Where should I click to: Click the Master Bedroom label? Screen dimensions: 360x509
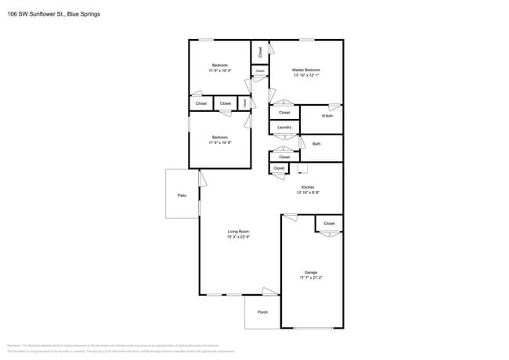306,70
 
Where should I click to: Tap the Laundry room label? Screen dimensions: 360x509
284,128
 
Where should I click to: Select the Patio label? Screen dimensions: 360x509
182,195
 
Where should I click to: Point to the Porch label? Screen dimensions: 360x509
262,312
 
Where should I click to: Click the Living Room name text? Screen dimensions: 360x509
238,231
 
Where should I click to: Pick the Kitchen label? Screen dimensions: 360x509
308,187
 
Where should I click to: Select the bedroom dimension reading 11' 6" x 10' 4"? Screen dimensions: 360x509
219,70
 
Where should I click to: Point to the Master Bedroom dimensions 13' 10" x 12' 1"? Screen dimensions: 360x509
306,75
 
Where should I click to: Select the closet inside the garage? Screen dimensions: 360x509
329,224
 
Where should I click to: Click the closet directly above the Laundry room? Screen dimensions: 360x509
284,112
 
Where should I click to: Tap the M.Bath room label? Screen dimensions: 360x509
327,116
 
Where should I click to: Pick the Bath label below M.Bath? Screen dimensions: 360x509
316,144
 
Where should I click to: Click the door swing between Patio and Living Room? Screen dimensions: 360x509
203,179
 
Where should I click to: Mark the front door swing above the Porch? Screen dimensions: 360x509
269,292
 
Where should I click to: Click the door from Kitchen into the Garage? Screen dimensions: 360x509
290,217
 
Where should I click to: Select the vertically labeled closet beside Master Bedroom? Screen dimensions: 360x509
260,52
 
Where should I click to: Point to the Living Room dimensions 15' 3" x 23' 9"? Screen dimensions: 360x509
238,236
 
